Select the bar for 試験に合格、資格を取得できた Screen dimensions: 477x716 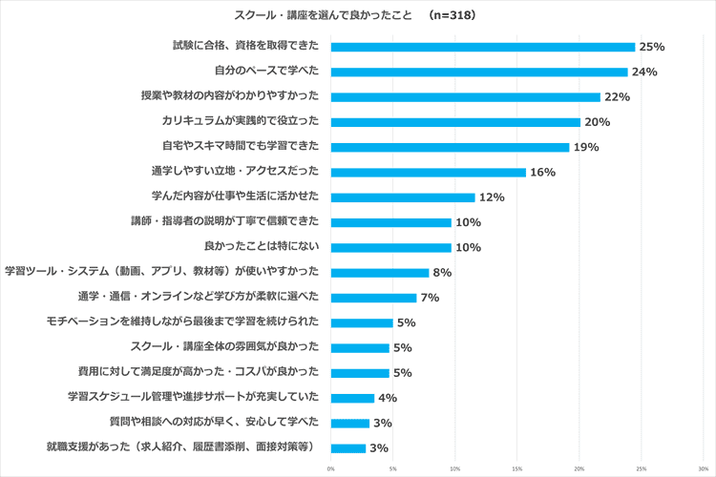coord(482,47)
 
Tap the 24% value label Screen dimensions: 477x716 coord(644,72)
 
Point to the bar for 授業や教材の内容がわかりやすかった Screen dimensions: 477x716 coord(465,96)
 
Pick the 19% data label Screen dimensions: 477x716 coord(585,147)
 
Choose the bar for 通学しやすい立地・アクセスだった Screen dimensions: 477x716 coord(429,172)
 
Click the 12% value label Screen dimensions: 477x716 coord(492,197)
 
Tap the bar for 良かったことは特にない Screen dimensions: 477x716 coord(390,247)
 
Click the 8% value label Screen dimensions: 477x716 coord(442,273)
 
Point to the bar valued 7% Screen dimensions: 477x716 coord(373,298)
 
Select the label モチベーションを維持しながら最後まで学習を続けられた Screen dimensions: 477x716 coord(189,322)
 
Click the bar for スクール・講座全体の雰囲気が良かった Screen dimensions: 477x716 coord(360,347)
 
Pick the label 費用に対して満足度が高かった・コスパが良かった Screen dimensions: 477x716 coord(203,372)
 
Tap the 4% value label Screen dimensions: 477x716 coord(388,398)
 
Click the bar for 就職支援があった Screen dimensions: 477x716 coord(348,447)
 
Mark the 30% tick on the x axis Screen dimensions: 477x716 coord(703,468)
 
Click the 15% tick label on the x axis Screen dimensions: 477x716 coord(516,468)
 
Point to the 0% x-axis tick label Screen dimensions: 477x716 coord(331,468)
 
